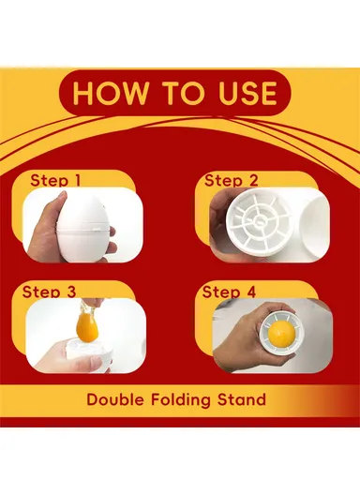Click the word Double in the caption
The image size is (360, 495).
(x=116, y=399)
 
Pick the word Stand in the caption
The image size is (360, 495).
(x=244, y=399)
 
